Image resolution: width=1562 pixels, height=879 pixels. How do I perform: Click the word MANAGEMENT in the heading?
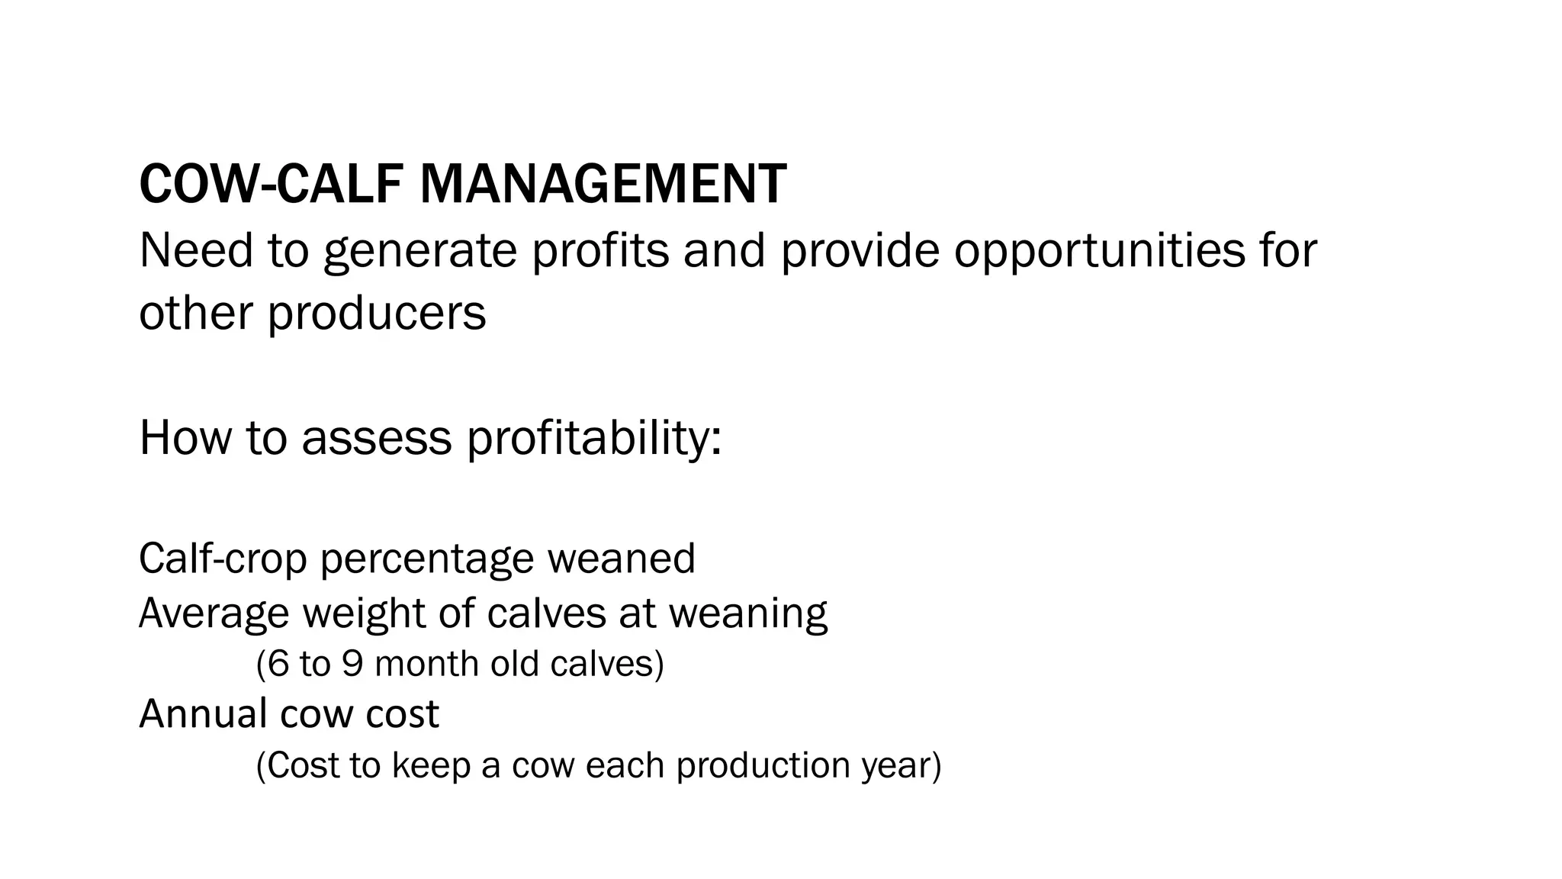603,185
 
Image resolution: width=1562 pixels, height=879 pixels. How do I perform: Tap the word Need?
196,250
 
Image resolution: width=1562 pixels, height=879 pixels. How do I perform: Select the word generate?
420,252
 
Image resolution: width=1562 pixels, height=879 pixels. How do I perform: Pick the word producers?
376,314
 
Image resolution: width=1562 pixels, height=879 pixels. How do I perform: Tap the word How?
185,438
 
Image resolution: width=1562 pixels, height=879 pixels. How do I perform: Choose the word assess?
377,439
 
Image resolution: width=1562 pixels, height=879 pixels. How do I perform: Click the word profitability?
593,439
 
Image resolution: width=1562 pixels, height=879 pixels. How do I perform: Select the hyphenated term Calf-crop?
223,559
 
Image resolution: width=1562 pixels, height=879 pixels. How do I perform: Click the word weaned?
621,559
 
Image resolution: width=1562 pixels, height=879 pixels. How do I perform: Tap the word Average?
214,613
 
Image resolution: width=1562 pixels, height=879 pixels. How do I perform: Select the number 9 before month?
352,664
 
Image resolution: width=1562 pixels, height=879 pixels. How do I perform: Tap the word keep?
431,765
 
